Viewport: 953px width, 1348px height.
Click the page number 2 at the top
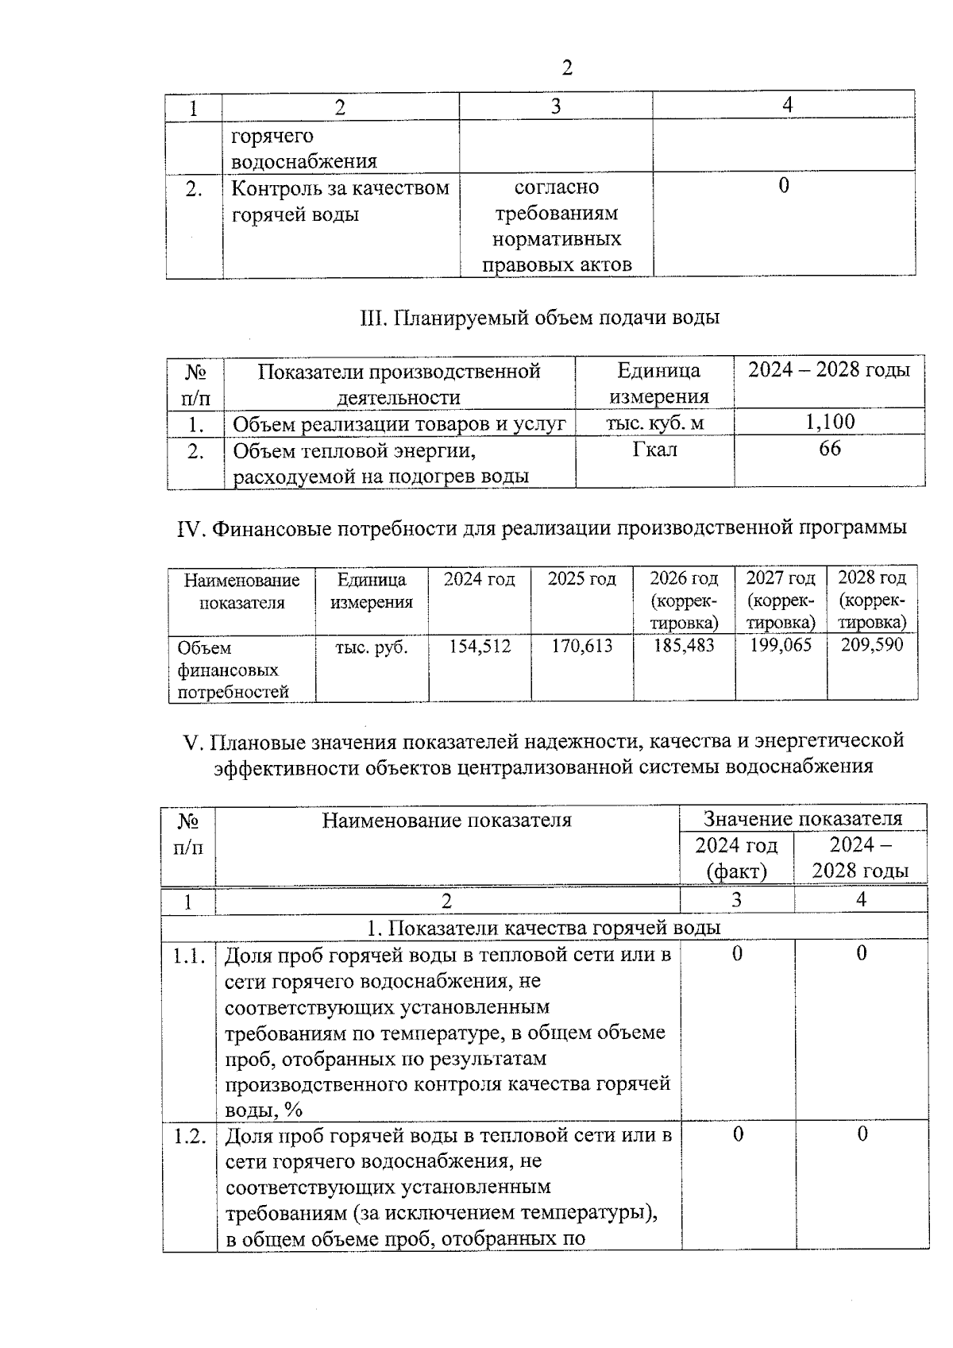566,68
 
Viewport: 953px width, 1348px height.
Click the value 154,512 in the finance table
480,646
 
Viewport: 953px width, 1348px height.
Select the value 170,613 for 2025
582,646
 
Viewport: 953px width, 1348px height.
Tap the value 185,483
684,645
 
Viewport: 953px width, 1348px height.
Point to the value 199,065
781,645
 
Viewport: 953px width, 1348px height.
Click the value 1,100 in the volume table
830,422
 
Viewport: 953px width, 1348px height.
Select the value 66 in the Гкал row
830,449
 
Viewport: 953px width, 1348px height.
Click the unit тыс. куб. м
655,423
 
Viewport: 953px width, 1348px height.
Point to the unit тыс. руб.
372,647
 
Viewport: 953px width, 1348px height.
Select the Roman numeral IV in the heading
191,528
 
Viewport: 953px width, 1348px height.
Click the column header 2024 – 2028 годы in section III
830,370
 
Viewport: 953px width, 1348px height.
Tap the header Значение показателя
803,819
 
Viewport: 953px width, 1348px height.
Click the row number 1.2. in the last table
190,1135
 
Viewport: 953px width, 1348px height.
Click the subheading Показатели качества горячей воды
554,928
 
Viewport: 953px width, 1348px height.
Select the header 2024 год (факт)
737,858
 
